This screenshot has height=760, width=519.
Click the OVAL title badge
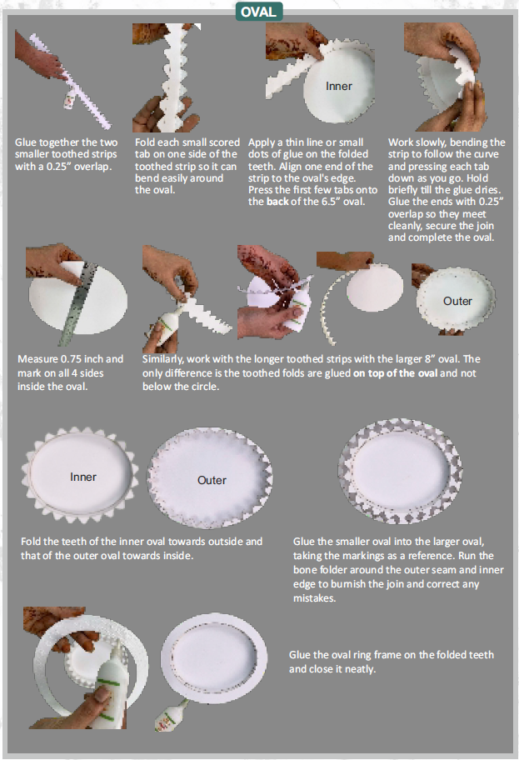pos(259,12)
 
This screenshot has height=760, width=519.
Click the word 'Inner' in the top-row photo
pos(339,87)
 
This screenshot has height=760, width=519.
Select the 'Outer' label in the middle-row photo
pos(457,301)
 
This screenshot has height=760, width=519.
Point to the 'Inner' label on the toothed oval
pos(82,477)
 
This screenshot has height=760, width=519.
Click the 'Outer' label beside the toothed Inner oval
pos(212,480)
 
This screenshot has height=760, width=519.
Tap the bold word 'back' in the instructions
pos(277,202)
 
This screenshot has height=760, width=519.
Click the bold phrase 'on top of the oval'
pos(395,373)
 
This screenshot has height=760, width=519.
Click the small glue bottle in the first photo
pos(70,102)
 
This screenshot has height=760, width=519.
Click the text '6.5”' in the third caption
pos(332,202)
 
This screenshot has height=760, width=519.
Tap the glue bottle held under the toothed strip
pos(167,327)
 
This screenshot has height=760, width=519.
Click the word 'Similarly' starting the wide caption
pos(162,360)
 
